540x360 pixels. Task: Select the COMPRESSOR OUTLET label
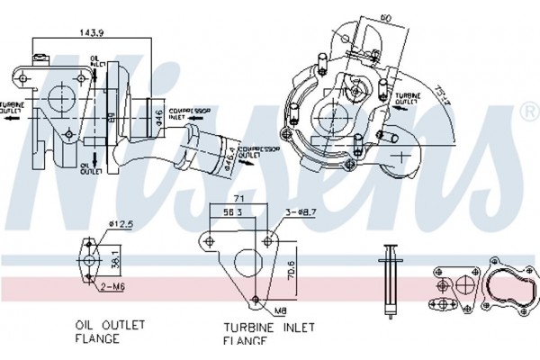point(246,151)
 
